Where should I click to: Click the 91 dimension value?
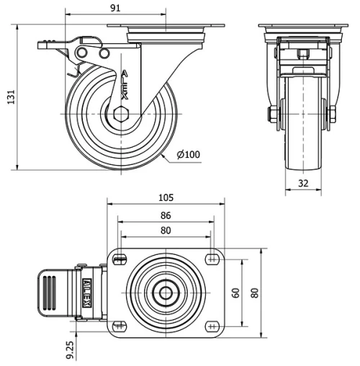pyautogui.click(x=115, y=7)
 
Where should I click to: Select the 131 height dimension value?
pyautogui.click(x=9, y=97)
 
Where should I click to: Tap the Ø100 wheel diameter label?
pyautogui.click(x=188, y=154)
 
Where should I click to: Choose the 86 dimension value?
pyautogui.click(x=166, y=215)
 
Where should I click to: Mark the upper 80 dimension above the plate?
pyautogui.click(x=166, y=231)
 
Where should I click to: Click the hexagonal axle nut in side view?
pyautogui.click(x=121, y=113)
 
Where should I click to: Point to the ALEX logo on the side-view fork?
pyautogui.click(x=125, y=83)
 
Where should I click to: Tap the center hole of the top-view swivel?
pyautogui.click(x=166, y=293)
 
